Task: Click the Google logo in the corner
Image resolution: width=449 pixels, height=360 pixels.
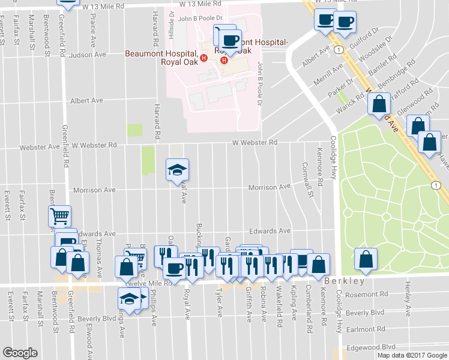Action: (x=20, y=353)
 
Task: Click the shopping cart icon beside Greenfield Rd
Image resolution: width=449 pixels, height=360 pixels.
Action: (x=60, y=216)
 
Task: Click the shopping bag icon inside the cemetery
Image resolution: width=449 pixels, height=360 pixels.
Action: (x=366, y=259)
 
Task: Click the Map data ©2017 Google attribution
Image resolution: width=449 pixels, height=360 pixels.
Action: (x=412, y=355)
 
